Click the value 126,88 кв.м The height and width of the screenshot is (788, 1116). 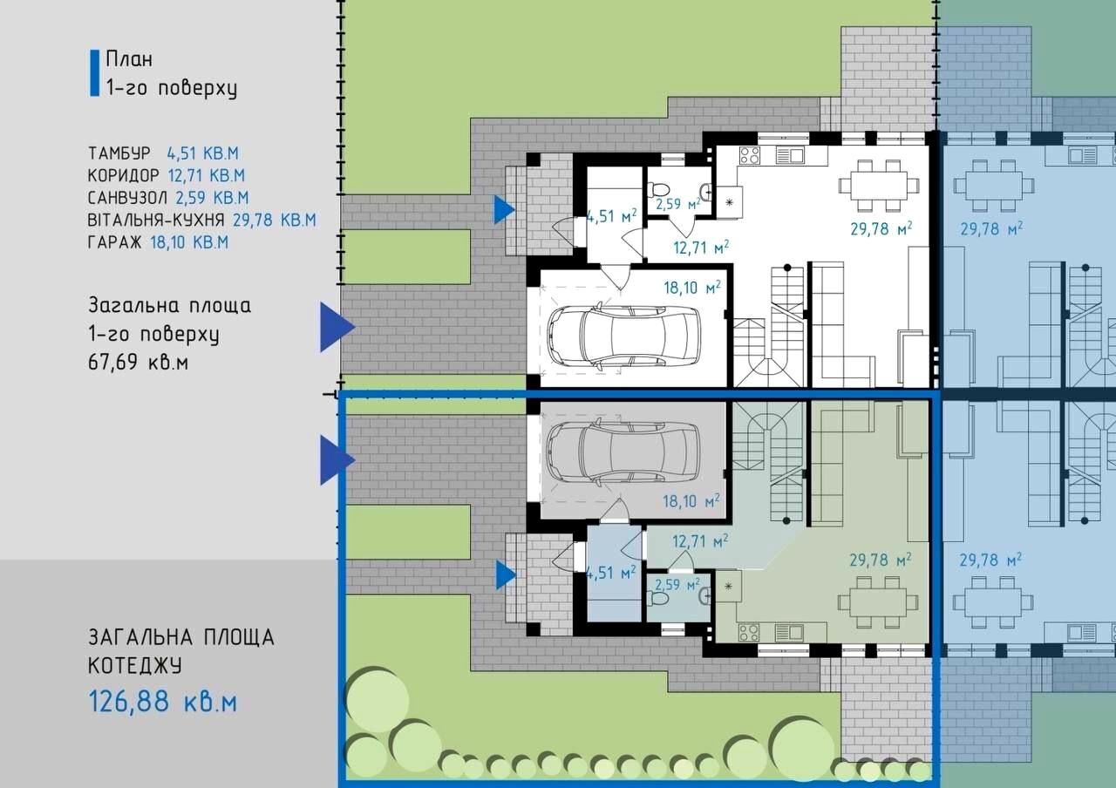pos(163,702)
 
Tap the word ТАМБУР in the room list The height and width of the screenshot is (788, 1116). pos(119,153)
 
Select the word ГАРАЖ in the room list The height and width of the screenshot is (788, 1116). pos(114,242)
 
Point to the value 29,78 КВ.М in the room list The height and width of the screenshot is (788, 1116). pos(275,221)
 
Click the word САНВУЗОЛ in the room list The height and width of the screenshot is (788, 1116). pos(127,198)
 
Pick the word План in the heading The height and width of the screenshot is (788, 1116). pos(129,59)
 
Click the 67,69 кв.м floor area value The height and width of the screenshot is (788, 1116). pos(139,362)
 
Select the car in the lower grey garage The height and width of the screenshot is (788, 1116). pos(623,452)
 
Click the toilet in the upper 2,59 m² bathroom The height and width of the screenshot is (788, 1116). pos(657,190)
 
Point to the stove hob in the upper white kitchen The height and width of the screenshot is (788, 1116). pos(750,155)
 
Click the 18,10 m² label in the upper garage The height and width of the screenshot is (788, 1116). pos(692,288)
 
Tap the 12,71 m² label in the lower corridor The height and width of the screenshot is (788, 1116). pos(700,541)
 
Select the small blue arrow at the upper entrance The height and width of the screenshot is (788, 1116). pos(504,209)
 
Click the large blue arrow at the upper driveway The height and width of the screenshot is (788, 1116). pos(337,327)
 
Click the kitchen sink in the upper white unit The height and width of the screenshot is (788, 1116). pos(790,156)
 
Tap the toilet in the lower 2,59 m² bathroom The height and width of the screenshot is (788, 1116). pos(657,598)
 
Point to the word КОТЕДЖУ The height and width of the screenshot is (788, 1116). pos(135,665)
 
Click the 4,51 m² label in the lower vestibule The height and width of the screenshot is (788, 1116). pos(612,573)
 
